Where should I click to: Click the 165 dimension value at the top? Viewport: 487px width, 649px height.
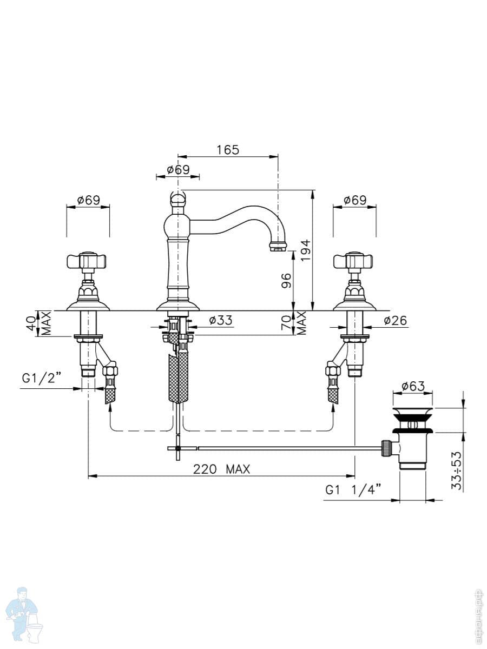click(x=228, y=150)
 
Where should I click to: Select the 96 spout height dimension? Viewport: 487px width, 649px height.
click(x=287, y=281)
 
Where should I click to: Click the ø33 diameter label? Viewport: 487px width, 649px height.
click(x=221, y=320)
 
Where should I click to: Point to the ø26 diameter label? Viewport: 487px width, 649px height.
click(x=396, y=320)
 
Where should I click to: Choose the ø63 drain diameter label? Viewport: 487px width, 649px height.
click(x=413, y=386)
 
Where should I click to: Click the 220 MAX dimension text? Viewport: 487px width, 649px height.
click(x=221, y=469)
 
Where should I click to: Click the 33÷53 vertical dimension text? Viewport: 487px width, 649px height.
click(x=457, y=471)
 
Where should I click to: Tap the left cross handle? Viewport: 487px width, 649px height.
click(x=88, y=261)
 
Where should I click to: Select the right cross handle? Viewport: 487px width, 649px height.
click(x=354, y=261)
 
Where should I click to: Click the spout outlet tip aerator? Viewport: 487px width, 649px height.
click(x=278, y=246)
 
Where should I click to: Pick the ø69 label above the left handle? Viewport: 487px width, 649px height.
click(x=89, y=200)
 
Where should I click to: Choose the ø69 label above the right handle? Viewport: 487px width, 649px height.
click(x=355, y=200)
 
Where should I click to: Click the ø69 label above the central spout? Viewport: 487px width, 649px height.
click(x=178, y=170)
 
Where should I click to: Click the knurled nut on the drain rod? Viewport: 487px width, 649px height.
click(x=386, y=448)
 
